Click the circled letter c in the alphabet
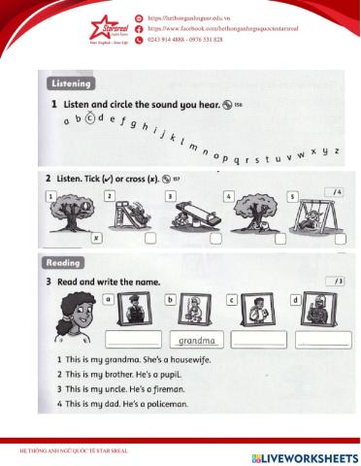[x=90, y=119]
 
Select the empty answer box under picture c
[x=258, y=340]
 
